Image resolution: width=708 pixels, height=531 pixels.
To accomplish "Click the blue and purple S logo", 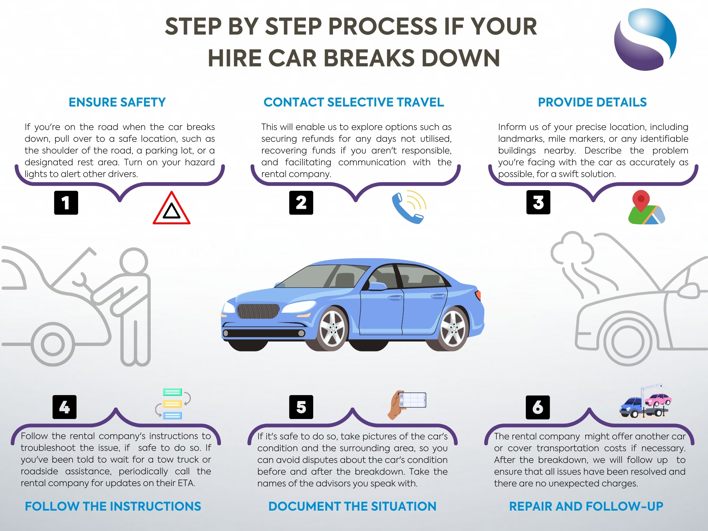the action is (x=645, y=39).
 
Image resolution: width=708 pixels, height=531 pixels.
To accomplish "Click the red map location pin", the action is (x=641, y=201).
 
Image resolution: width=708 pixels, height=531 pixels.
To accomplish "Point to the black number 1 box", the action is (x=66, y=203).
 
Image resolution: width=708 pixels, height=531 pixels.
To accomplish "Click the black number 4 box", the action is (x=65, y=407).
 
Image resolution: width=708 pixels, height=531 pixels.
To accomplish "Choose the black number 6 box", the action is (x=538, y=407).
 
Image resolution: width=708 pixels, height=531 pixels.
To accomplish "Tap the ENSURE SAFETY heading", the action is (x=117, y=102).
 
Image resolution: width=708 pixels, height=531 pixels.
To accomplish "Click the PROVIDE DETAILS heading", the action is (x=592, y=102).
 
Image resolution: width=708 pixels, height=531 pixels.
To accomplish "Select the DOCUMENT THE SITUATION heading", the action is (x=352, y=506).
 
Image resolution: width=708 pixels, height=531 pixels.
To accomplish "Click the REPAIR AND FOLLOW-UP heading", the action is (x=586, y=506).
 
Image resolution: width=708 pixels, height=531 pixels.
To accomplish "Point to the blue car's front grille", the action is (x=258, y=311).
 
